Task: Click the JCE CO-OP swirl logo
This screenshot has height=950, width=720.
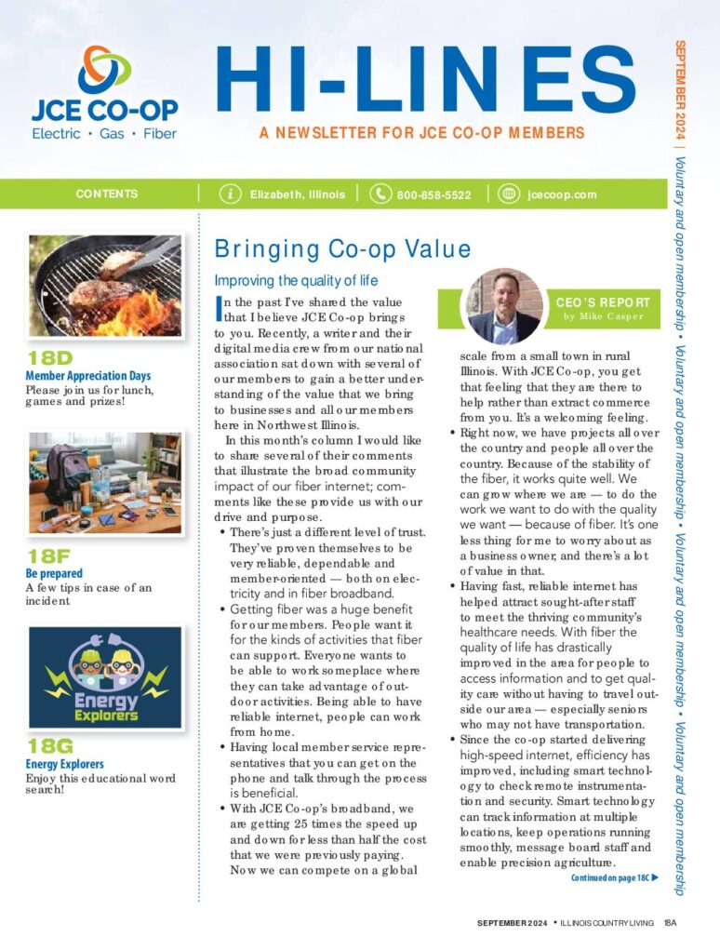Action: tap(105, 70)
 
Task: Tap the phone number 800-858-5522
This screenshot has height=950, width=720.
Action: tap(433, 195)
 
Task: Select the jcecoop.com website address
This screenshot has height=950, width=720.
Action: tap(561, 195)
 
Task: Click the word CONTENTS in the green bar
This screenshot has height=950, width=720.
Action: tap(107, 194)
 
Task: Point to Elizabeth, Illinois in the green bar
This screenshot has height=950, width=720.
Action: tap(297, 195)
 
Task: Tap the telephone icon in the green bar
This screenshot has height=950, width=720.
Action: tap(380, 194)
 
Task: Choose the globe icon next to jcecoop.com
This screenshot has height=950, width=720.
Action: tap(508, 194)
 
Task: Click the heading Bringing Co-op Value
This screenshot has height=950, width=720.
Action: tap(342, 249)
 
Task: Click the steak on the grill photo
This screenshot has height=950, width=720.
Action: tap(104, 285)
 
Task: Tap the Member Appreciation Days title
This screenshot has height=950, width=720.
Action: tap(87, 376)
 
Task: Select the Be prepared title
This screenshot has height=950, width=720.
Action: tap(55, 574)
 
